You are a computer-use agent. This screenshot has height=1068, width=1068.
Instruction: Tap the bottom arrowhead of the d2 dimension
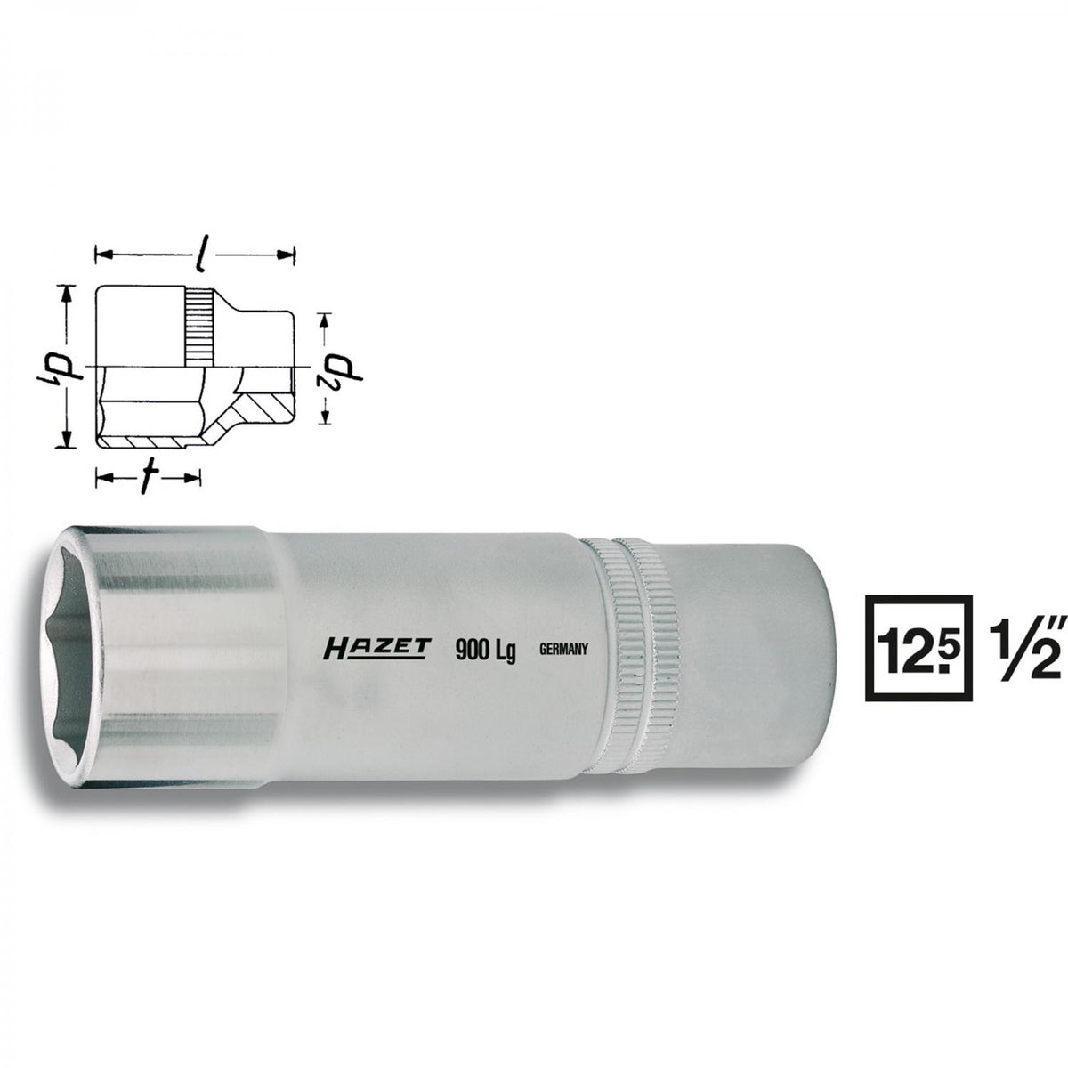(326, 418)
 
